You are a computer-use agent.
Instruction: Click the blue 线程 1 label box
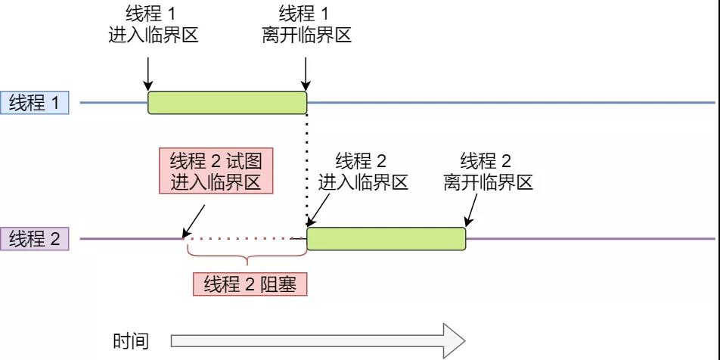35,102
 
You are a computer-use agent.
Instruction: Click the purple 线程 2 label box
35,239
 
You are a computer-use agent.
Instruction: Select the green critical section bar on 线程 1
227,102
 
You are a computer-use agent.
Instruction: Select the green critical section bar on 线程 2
386,239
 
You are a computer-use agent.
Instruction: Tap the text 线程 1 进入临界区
154,25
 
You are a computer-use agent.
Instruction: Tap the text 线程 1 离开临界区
307,25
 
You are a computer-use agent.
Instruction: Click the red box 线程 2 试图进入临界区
216,172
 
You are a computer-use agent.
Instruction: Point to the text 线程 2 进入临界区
363,172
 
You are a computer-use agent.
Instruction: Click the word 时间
131,341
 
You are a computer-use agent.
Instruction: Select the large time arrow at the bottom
318,341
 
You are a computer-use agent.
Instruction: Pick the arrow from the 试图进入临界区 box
192,219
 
